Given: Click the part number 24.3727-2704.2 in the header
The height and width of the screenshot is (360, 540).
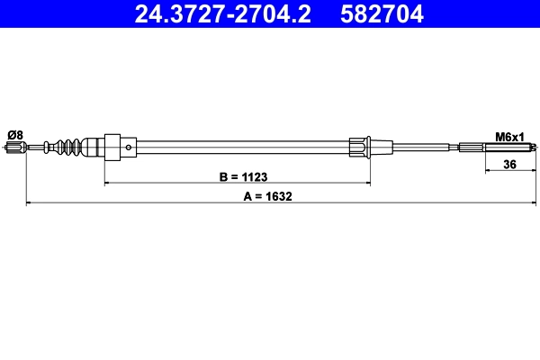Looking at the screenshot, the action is click(223, 14).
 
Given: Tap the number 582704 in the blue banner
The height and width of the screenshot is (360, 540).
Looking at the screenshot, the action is click(382, 14).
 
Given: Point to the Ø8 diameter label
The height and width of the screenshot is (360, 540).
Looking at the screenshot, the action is click(15, 135).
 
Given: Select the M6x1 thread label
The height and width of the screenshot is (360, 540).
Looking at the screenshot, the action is click(509, 137).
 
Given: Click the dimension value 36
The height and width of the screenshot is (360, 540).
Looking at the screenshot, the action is click(509, 165).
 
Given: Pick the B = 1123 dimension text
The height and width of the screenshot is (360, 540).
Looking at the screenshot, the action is click(243, 176).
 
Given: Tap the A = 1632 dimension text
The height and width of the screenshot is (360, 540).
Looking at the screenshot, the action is click(267, 196).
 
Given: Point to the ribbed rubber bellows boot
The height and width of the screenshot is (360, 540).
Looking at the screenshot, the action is click(69, 147).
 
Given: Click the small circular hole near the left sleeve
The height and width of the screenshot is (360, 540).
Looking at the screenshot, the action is click(129, 148).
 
